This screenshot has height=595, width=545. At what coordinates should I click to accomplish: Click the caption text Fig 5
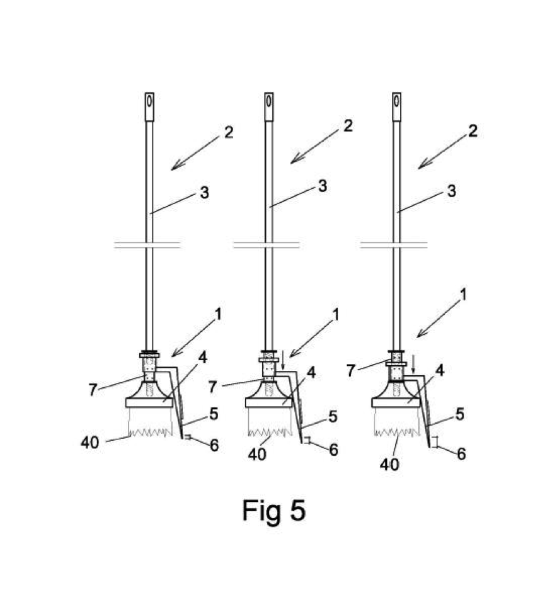coord(274,511)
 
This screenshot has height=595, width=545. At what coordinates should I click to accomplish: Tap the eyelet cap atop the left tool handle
coord(149,106)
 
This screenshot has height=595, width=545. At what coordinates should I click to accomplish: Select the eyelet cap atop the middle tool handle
coord(269,106)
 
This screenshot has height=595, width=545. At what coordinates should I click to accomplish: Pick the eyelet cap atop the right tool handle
coord(396,106)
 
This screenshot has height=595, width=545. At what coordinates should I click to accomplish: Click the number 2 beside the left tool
coord(229,132)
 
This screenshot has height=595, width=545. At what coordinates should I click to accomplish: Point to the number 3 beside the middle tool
coord(323,186)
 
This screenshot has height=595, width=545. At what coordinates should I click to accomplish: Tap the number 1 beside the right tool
coord(462,295)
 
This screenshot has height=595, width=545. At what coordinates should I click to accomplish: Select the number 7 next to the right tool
coord(351,371)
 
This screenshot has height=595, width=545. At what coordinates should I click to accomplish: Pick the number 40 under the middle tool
coord(257,454)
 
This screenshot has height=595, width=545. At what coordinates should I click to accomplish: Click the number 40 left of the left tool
coord(90,443)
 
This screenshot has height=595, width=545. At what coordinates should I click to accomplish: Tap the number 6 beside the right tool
coord(461,454)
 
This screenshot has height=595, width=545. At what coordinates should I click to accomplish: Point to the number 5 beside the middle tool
coord(333,417)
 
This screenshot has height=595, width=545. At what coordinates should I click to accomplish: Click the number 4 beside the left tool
coord(203,358)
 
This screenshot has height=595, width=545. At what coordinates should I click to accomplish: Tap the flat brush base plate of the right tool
coord(396,402)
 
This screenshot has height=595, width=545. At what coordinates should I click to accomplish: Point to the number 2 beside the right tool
coord(473,131)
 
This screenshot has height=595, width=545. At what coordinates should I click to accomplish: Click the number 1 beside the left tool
coord(218,314)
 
